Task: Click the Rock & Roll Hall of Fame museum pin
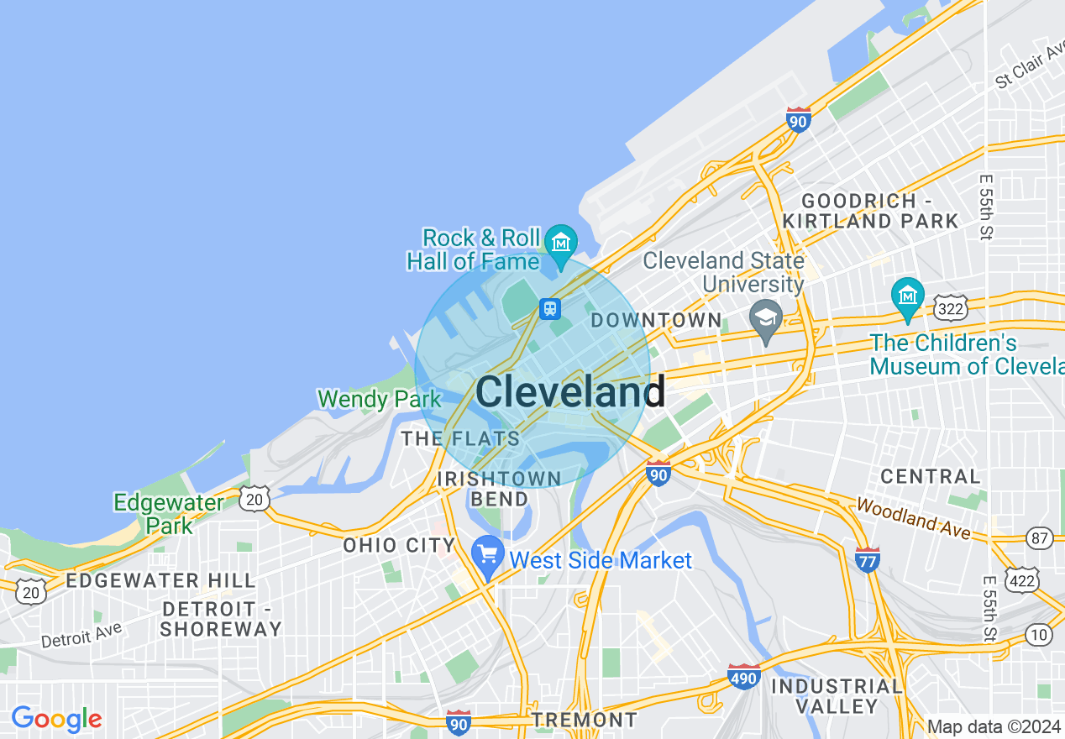point(560,242)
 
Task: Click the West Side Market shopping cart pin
point(488,555)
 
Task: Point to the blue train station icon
point(550,308)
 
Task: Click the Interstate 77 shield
point(867,559)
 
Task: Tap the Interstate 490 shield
point(744,676)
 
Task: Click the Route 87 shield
point(1039,537)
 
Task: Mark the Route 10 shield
point(1039,634)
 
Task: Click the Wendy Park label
point(380,399)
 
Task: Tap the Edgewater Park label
point(169,514)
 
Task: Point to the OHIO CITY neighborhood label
point(399,545)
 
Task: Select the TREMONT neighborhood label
point(585,720)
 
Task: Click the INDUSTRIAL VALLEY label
point(837,696)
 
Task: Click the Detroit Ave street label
point(81,634)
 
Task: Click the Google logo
point(56,719)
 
